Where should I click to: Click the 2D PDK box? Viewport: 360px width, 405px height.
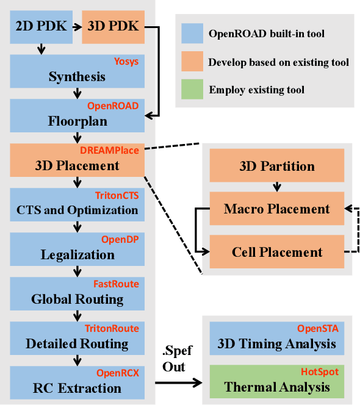click(x=41, y=27)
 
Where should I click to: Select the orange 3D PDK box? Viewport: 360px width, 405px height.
click(x=113, y=27)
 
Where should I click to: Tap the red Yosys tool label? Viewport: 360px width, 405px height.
click(x=127, y=62)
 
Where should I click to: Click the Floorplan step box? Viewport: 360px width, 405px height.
click(x=77, y=115)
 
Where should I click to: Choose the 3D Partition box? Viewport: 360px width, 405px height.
click(x=278, y=166)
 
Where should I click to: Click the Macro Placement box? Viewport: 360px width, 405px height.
click(x=278, y=209)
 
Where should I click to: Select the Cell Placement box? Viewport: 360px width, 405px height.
click(x=278, y=251)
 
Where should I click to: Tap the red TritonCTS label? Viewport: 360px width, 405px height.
click(x=117, y=195)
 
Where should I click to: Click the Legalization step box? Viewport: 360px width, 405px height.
click(x=77, y=249)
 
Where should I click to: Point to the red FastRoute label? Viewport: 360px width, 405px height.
click(x=116, y=284)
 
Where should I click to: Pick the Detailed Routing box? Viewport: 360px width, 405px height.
click(x=77, y=338)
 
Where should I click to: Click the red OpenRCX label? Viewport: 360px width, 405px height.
click(x=118, y=372)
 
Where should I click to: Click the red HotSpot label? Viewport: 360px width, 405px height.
click(x=319, y=371)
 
